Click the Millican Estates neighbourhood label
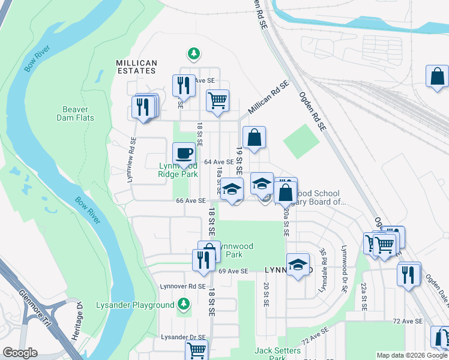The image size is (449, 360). click(x=136, y=67)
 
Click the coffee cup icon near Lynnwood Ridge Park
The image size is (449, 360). click(x=184, y=153)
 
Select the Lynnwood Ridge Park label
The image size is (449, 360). click(x=178, y=170)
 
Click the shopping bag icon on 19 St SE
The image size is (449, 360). click(x=255, y=137)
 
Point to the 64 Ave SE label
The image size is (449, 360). click(x=218, y=162)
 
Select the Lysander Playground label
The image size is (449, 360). click(x=135, y=305)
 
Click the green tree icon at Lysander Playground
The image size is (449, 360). click(x=182, y=305)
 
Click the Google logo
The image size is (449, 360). click(x=19, y=353)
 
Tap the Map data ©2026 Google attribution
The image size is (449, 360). click(x=411, y=355)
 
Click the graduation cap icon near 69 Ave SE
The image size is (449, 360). click(x=298, y=264)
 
